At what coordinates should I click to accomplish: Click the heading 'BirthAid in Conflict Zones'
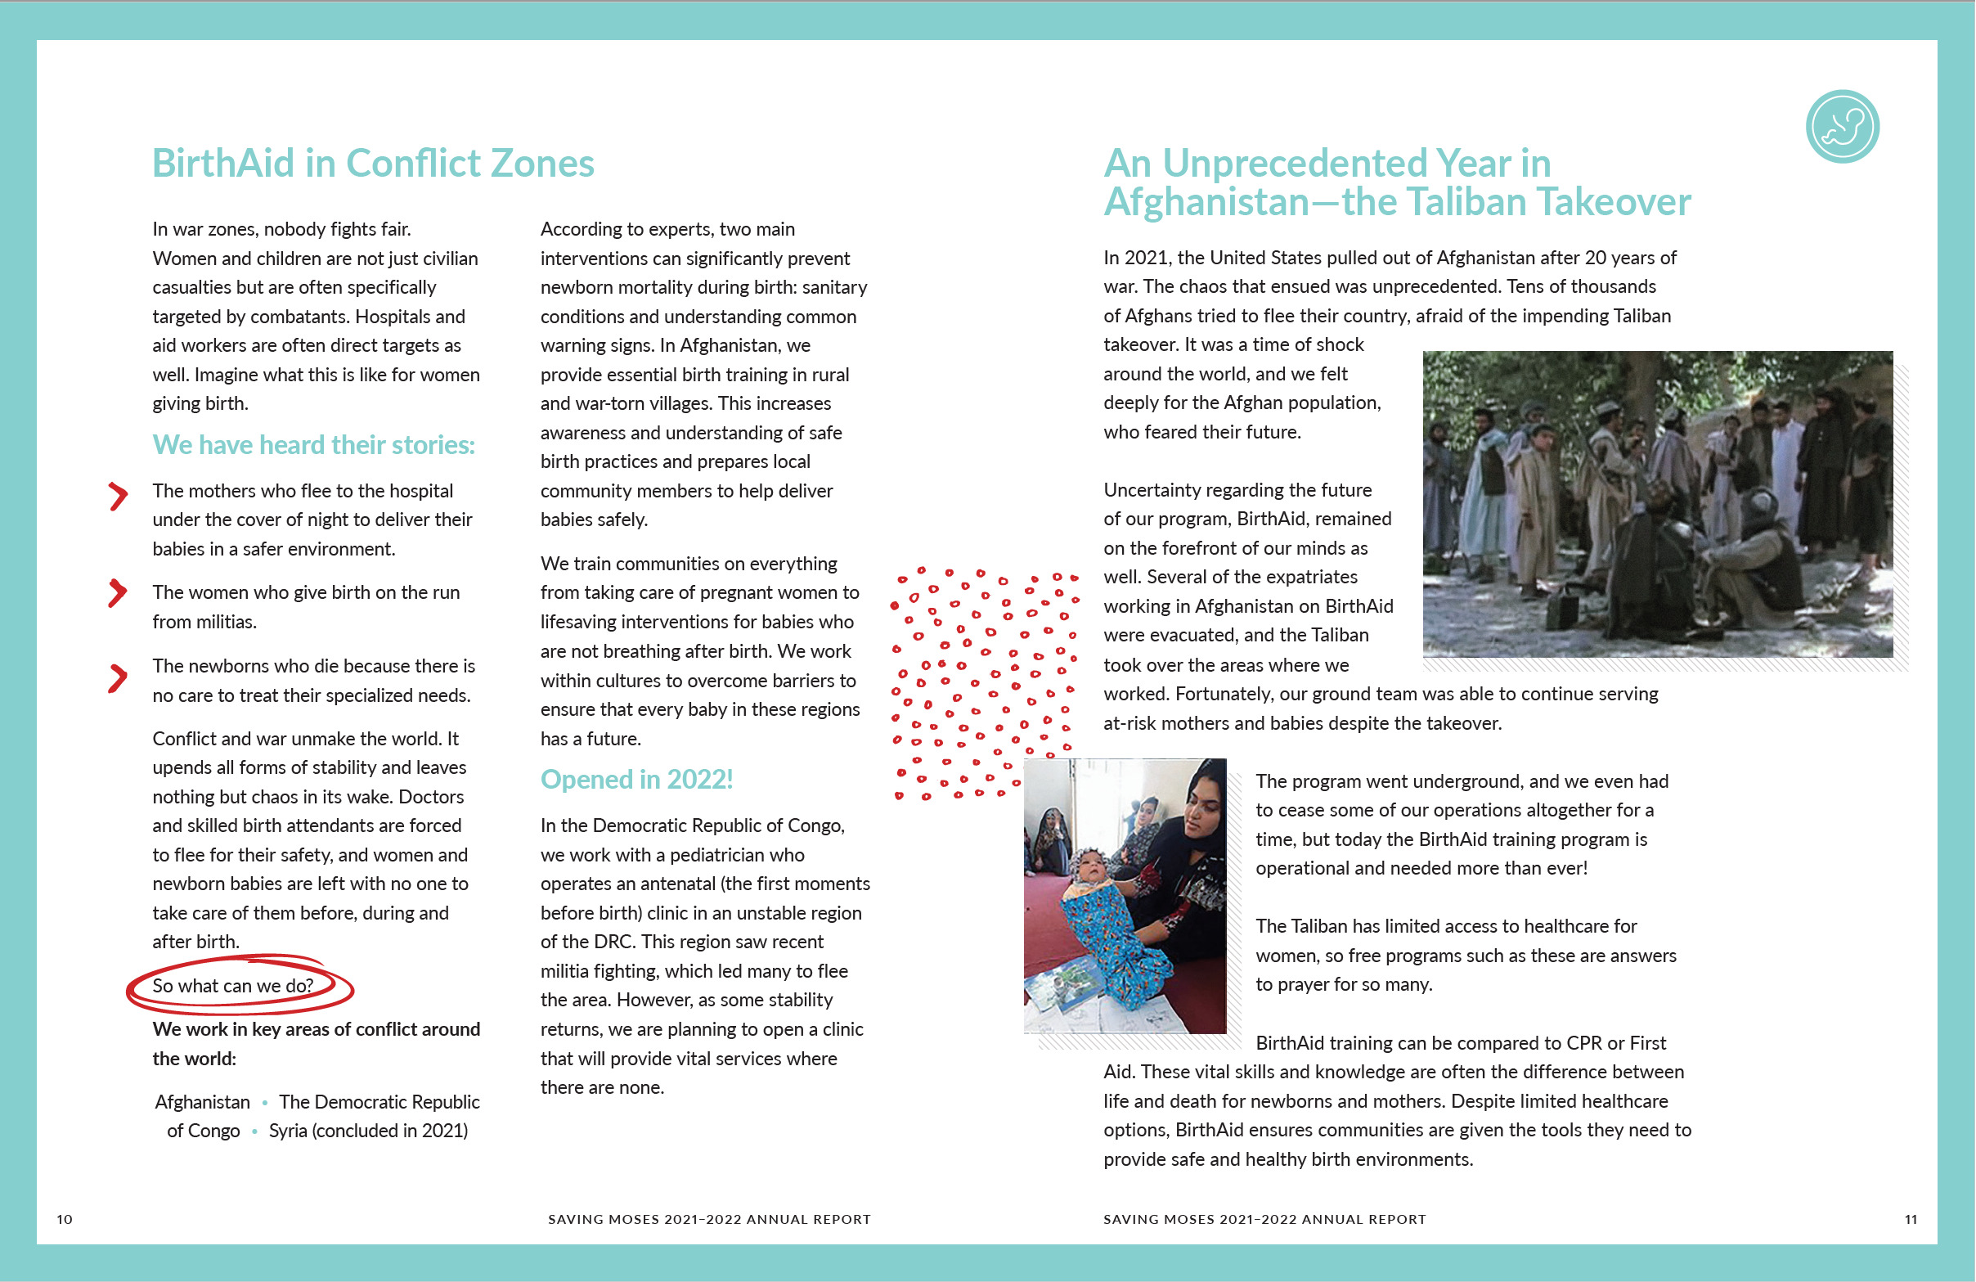[373, 163]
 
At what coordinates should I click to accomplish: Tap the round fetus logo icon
[1842, 126]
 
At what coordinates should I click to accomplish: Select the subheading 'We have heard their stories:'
[313, 445]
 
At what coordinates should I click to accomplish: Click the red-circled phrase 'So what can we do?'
[233, 986]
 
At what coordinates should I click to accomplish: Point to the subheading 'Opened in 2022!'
[636, 779]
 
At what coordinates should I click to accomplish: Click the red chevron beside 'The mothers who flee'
[118, 496]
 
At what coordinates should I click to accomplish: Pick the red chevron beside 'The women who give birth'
[118, 593]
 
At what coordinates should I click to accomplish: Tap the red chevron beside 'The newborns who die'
[118, 678]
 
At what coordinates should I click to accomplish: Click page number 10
[65, 1219]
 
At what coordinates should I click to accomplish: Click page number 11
[1911, 1219]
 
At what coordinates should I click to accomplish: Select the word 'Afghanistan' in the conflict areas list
[203, 1102]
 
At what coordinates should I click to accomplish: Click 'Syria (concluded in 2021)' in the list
[368, 1131]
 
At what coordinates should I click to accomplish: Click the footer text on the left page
[709, 1219]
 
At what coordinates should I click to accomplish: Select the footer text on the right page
[1264, 1219]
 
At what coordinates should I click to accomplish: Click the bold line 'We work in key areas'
[316, 1029]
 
